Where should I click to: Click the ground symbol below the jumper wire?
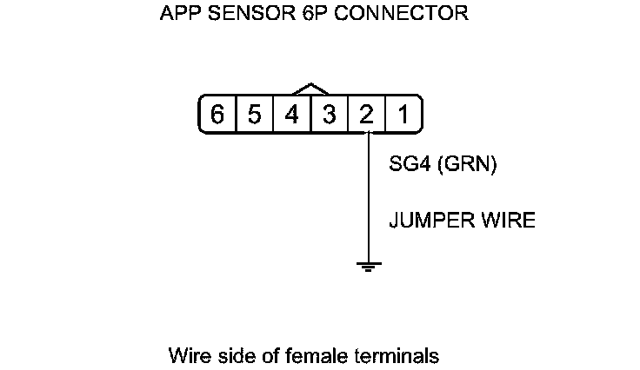click(369, 266)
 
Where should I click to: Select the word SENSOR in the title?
click(239, 15)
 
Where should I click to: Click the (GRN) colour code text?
click(467, 165)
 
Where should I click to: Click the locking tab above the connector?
click(310, 89)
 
